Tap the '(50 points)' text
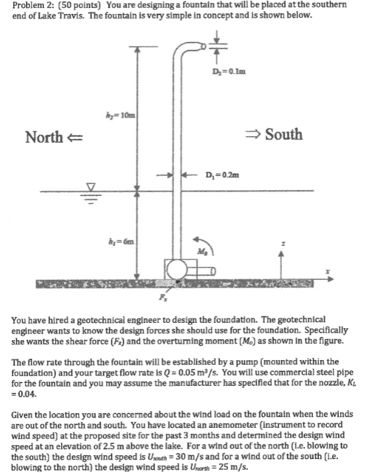click(x=78, y=5)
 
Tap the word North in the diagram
click(x=44, y=137)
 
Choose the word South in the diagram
click(x=284, y=135)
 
